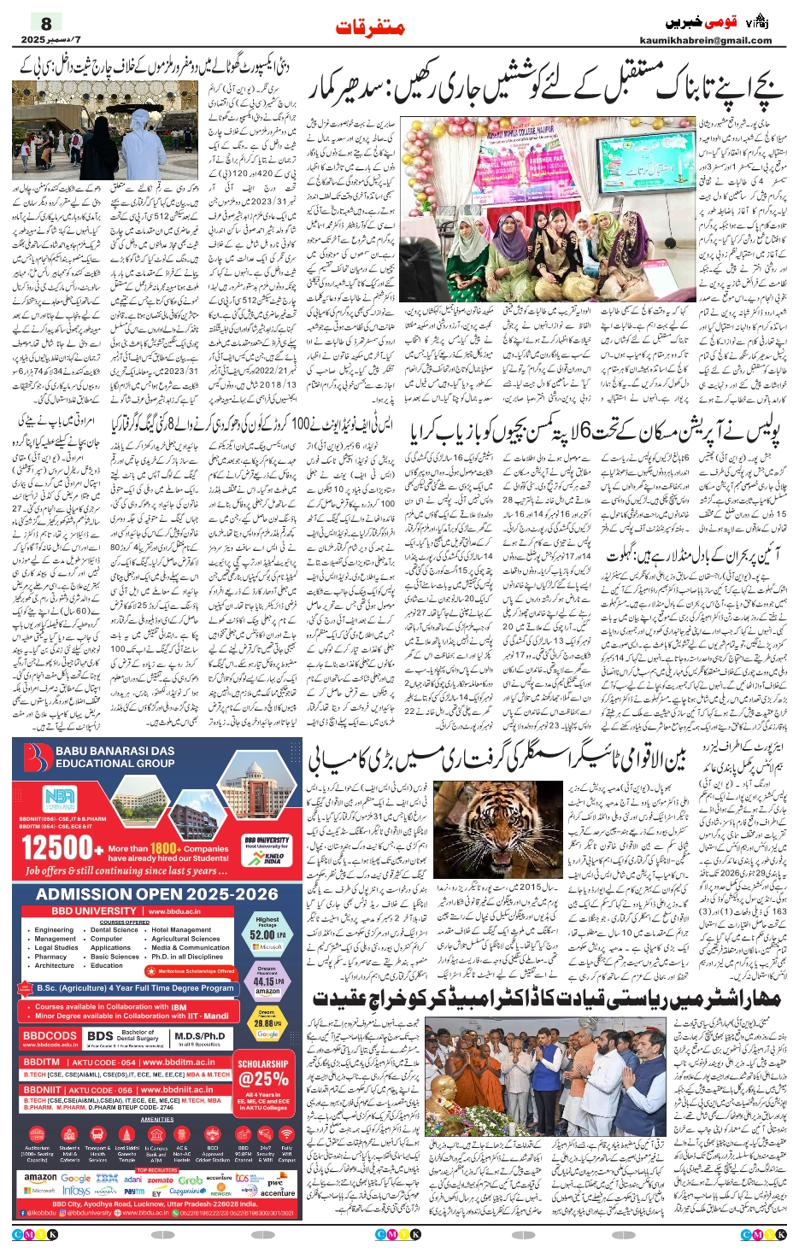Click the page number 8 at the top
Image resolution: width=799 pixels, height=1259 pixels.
coord(46,23)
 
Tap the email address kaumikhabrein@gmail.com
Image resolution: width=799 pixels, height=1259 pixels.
coord(705,40)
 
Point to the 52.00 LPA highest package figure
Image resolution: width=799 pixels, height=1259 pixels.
coord(267,934)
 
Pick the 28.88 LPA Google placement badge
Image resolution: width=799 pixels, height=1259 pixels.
coord(267,1022)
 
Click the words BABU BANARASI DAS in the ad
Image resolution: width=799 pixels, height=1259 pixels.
coord(115,751)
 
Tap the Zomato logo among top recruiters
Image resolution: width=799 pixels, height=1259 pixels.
coord(161,1180)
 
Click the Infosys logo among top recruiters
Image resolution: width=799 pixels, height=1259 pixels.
coord(76,1190)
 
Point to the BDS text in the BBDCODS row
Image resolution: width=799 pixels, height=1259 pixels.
coord(100,1036)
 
